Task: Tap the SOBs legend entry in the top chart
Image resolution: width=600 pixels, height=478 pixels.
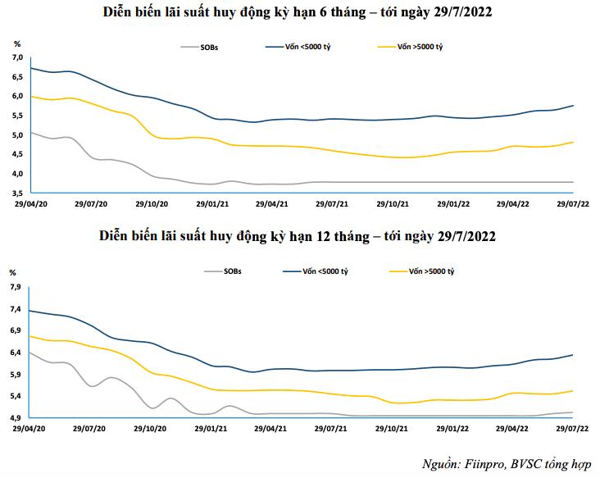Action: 209,48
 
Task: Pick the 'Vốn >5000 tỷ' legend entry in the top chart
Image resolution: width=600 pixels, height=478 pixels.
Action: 420,48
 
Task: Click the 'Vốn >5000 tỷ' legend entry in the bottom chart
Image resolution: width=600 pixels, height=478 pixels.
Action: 431,271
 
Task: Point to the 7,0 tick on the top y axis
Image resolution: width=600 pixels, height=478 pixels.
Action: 17,58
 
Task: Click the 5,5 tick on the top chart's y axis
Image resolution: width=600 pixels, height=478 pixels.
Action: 17,116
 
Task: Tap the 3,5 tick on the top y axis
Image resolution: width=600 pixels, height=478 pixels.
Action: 17,193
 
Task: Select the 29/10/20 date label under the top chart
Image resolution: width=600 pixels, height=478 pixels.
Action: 152,203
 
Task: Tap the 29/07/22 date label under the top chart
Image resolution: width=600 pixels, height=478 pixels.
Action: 575,203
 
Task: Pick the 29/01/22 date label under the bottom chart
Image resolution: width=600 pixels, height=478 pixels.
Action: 453,428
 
